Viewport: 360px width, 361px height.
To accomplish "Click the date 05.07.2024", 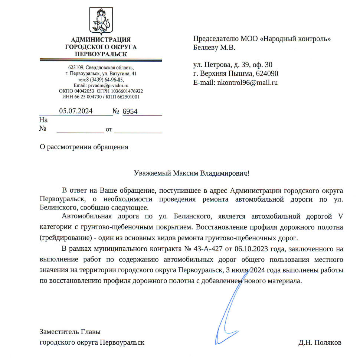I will [x=76, y=111].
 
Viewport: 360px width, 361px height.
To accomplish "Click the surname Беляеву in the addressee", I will [x=206, y=48].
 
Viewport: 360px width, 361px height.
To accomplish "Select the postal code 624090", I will [x=266, y=74].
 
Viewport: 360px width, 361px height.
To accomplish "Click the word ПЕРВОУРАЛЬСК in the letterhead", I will [x=101, y=54].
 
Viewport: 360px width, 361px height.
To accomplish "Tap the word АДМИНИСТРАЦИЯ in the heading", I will [x=101, y=40].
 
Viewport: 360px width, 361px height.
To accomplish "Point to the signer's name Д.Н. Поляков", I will [x=320, y=342].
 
